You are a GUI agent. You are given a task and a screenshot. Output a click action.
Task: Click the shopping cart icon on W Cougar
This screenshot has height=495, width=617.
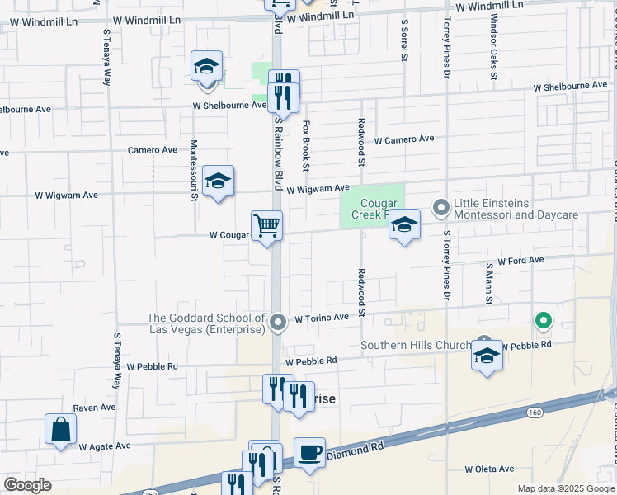(x=266, y=225)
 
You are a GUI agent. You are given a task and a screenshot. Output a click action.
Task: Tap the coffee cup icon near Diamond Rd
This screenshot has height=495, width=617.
(x=309, y=453)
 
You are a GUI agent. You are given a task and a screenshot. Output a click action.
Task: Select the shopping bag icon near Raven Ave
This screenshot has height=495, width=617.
(x=61, y=429)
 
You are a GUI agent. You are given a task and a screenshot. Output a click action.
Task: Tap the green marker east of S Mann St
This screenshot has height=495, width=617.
(x=543, y=320)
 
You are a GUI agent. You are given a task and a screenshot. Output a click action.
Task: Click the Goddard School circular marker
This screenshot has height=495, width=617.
(x=279, y=321)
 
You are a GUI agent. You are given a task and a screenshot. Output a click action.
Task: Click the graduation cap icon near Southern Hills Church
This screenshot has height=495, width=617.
(x=487, y=356)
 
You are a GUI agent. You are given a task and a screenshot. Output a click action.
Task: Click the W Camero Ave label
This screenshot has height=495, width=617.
(x=403, y=139)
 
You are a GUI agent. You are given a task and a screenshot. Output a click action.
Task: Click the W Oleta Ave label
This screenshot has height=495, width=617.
(x=489, y=469)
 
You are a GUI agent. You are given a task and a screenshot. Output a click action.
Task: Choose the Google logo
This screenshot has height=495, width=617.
(x=27, y=485)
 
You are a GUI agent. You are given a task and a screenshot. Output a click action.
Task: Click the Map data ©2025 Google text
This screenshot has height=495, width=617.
(x=565, y=488)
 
